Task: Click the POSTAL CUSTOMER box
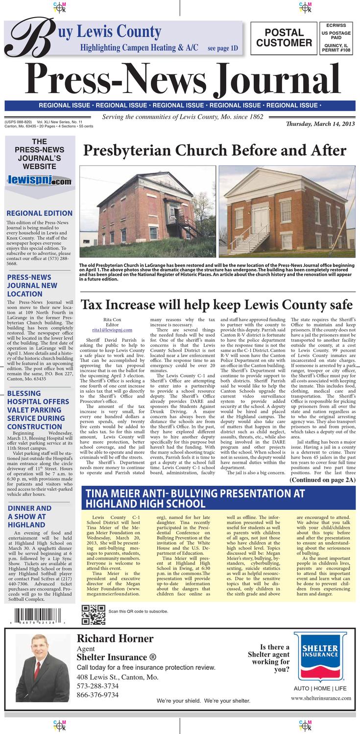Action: (284, 38)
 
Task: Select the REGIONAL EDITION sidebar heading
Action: (39, 213)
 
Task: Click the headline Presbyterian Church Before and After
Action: (215, 150)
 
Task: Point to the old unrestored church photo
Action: (147, 212)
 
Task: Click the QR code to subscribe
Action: (93, 614)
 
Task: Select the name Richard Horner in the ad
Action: (115, 639)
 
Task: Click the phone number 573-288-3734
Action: (97, 686)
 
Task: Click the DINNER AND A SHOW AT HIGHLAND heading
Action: (29, 517)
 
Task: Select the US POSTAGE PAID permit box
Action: (336, 39)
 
